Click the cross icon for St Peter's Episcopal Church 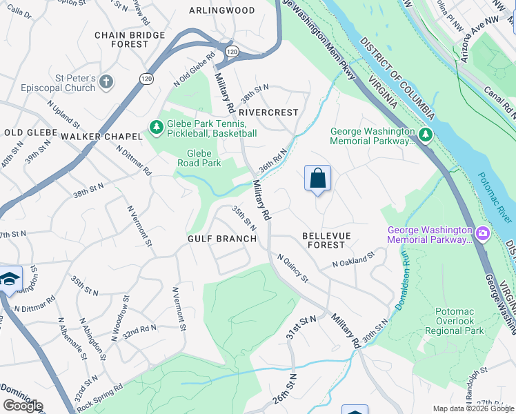point(106,83)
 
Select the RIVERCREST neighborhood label point(269,112)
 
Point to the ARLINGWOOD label point(221,10)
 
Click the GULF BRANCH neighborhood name point(222,239)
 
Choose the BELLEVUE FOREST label point(326,240)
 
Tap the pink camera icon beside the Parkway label point(482,235)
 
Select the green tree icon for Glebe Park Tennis point(155,128)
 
